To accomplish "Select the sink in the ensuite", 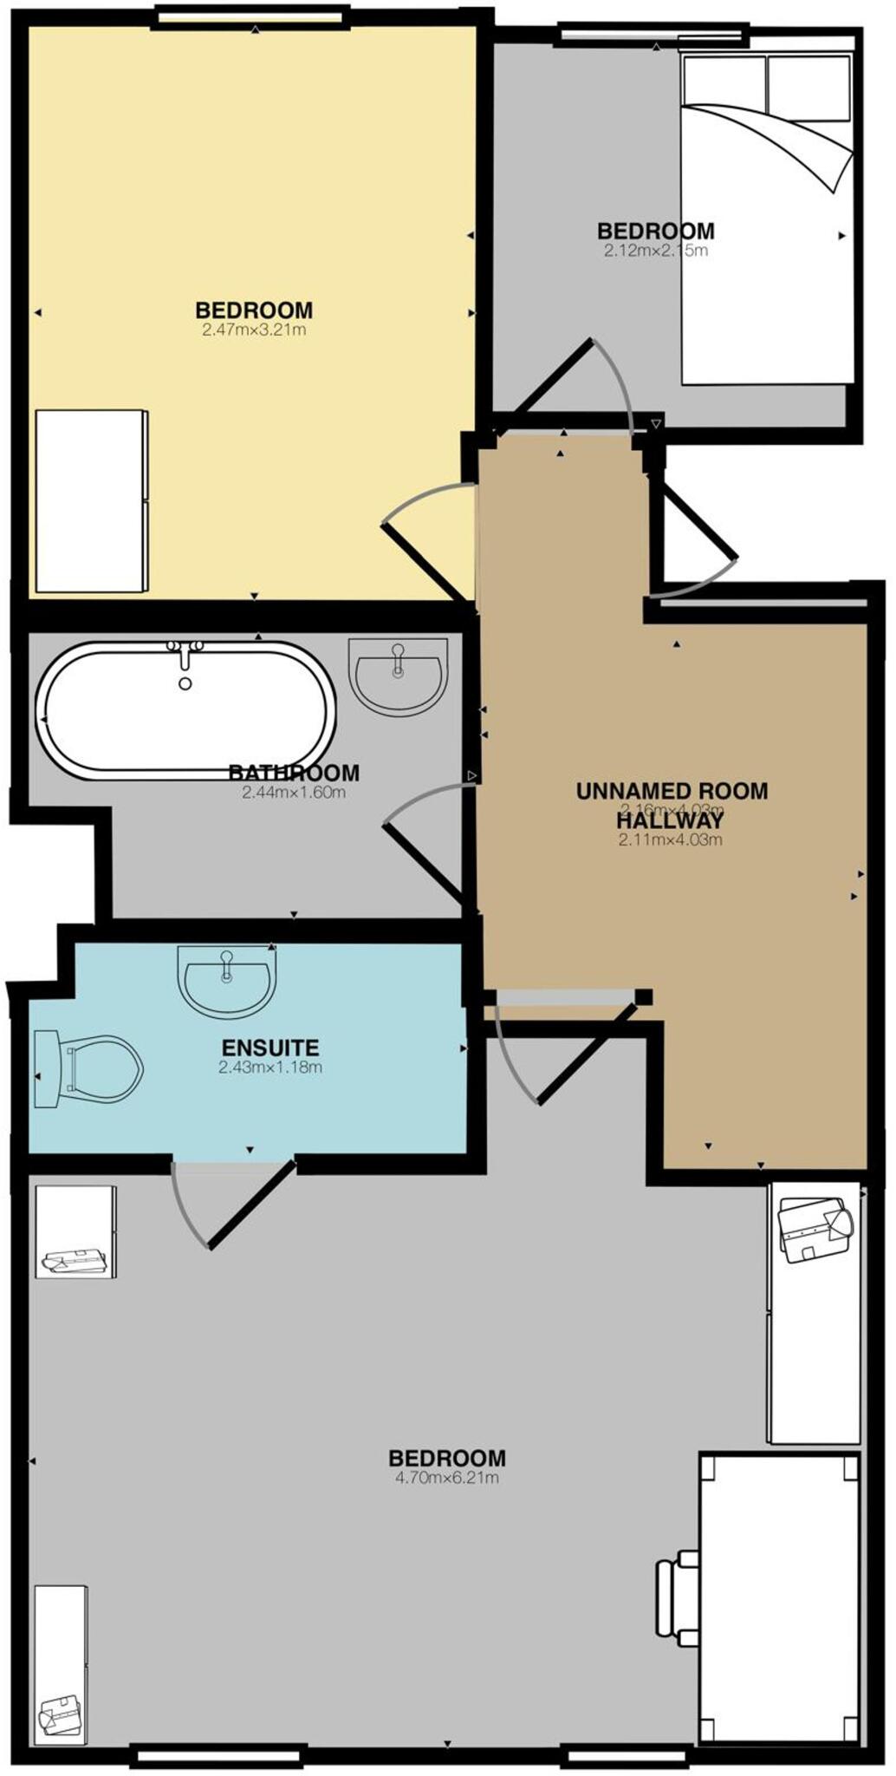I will click(227, 981).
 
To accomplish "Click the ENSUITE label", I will click(270, 1048).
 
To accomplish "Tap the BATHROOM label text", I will click(294, 772).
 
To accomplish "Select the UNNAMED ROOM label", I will click(672, 790).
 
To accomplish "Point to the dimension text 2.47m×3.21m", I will click(254, 330).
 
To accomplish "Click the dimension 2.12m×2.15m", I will click(656, 251).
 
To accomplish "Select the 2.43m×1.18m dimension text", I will click(270, 1068).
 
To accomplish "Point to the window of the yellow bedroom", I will click(250, 16).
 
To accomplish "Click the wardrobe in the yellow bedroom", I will click(90, 501).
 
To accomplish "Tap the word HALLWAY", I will click(670, 819).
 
